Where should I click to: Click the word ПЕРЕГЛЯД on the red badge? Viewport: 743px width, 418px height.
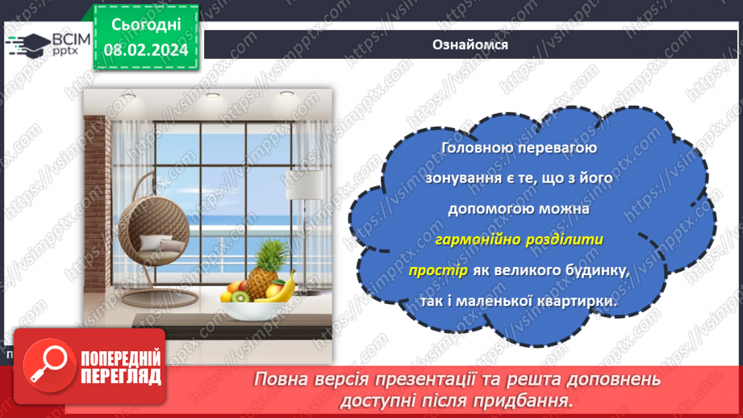119,375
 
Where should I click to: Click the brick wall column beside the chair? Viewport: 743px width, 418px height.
98,202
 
